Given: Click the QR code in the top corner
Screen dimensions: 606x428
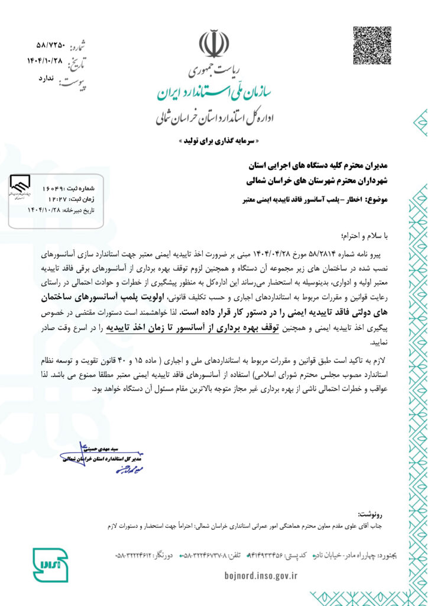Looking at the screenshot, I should click(372, 45).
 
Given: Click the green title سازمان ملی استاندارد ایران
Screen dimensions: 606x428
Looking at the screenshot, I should click(213, 91).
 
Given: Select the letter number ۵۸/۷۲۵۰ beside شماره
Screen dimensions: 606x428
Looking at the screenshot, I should click(49, 46).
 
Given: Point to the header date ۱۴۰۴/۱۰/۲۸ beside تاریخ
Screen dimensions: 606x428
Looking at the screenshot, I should click(44, 60).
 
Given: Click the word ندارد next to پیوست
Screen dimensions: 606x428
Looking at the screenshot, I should click(46, 78).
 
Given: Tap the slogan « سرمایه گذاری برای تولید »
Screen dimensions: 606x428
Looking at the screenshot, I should click(214, 142).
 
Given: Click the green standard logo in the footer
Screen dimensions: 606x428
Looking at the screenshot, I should click(50, 565).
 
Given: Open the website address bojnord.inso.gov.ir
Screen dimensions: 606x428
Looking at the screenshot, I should click(261, 575).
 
